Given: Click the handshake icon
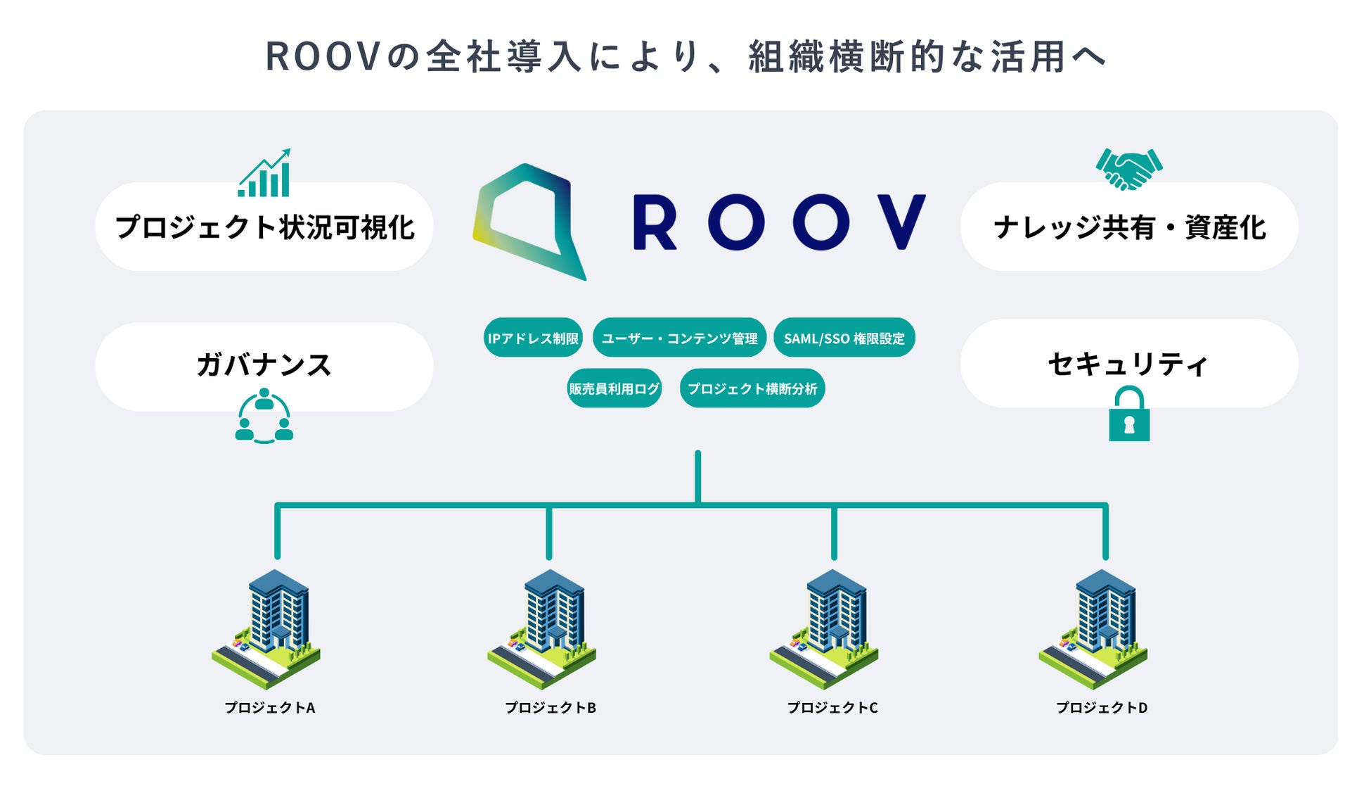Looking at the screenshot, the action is [x=1128, y=169].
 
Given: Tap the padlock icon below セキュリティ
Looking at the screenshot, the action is [x=1129, y=416].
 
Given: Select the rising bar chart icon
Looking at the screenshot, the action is [x=264, y=173].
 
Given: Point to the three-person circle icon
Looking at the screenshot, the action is [x=264, y=416].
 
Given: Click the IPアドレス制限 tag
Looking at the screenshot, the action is [x=533, y=338].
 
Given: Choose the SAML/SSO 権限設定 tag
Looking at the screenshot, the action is [x=844, y=338].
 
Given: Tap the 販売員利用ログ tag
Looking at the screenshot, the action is [x=614, y=388].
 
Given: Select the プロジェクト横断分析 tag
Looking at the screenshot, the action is [x=752, y=388].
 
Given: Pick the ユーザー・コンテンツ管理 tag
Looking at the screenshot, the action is [x=679, y=338].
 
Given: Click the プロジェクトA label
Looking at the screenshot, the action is [x=270, y=708].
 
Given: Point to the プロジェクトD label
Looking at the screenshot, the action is [x=1102, y=708].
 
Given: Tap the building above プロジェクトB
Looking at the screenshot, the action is [x=542, y=629].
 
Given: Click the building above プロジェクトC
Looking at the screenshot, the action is [x=824, y=629].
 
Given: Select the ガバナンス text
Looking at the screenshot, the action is [x=264, y=365].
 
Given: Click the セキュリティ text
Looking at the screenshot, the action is [x=1128, y=364].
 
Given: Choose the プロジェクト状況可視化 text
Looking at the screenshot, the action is [x=265, y=227].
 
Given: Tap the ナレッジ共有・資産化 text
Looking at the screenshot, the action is [x=1130, y=227].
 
